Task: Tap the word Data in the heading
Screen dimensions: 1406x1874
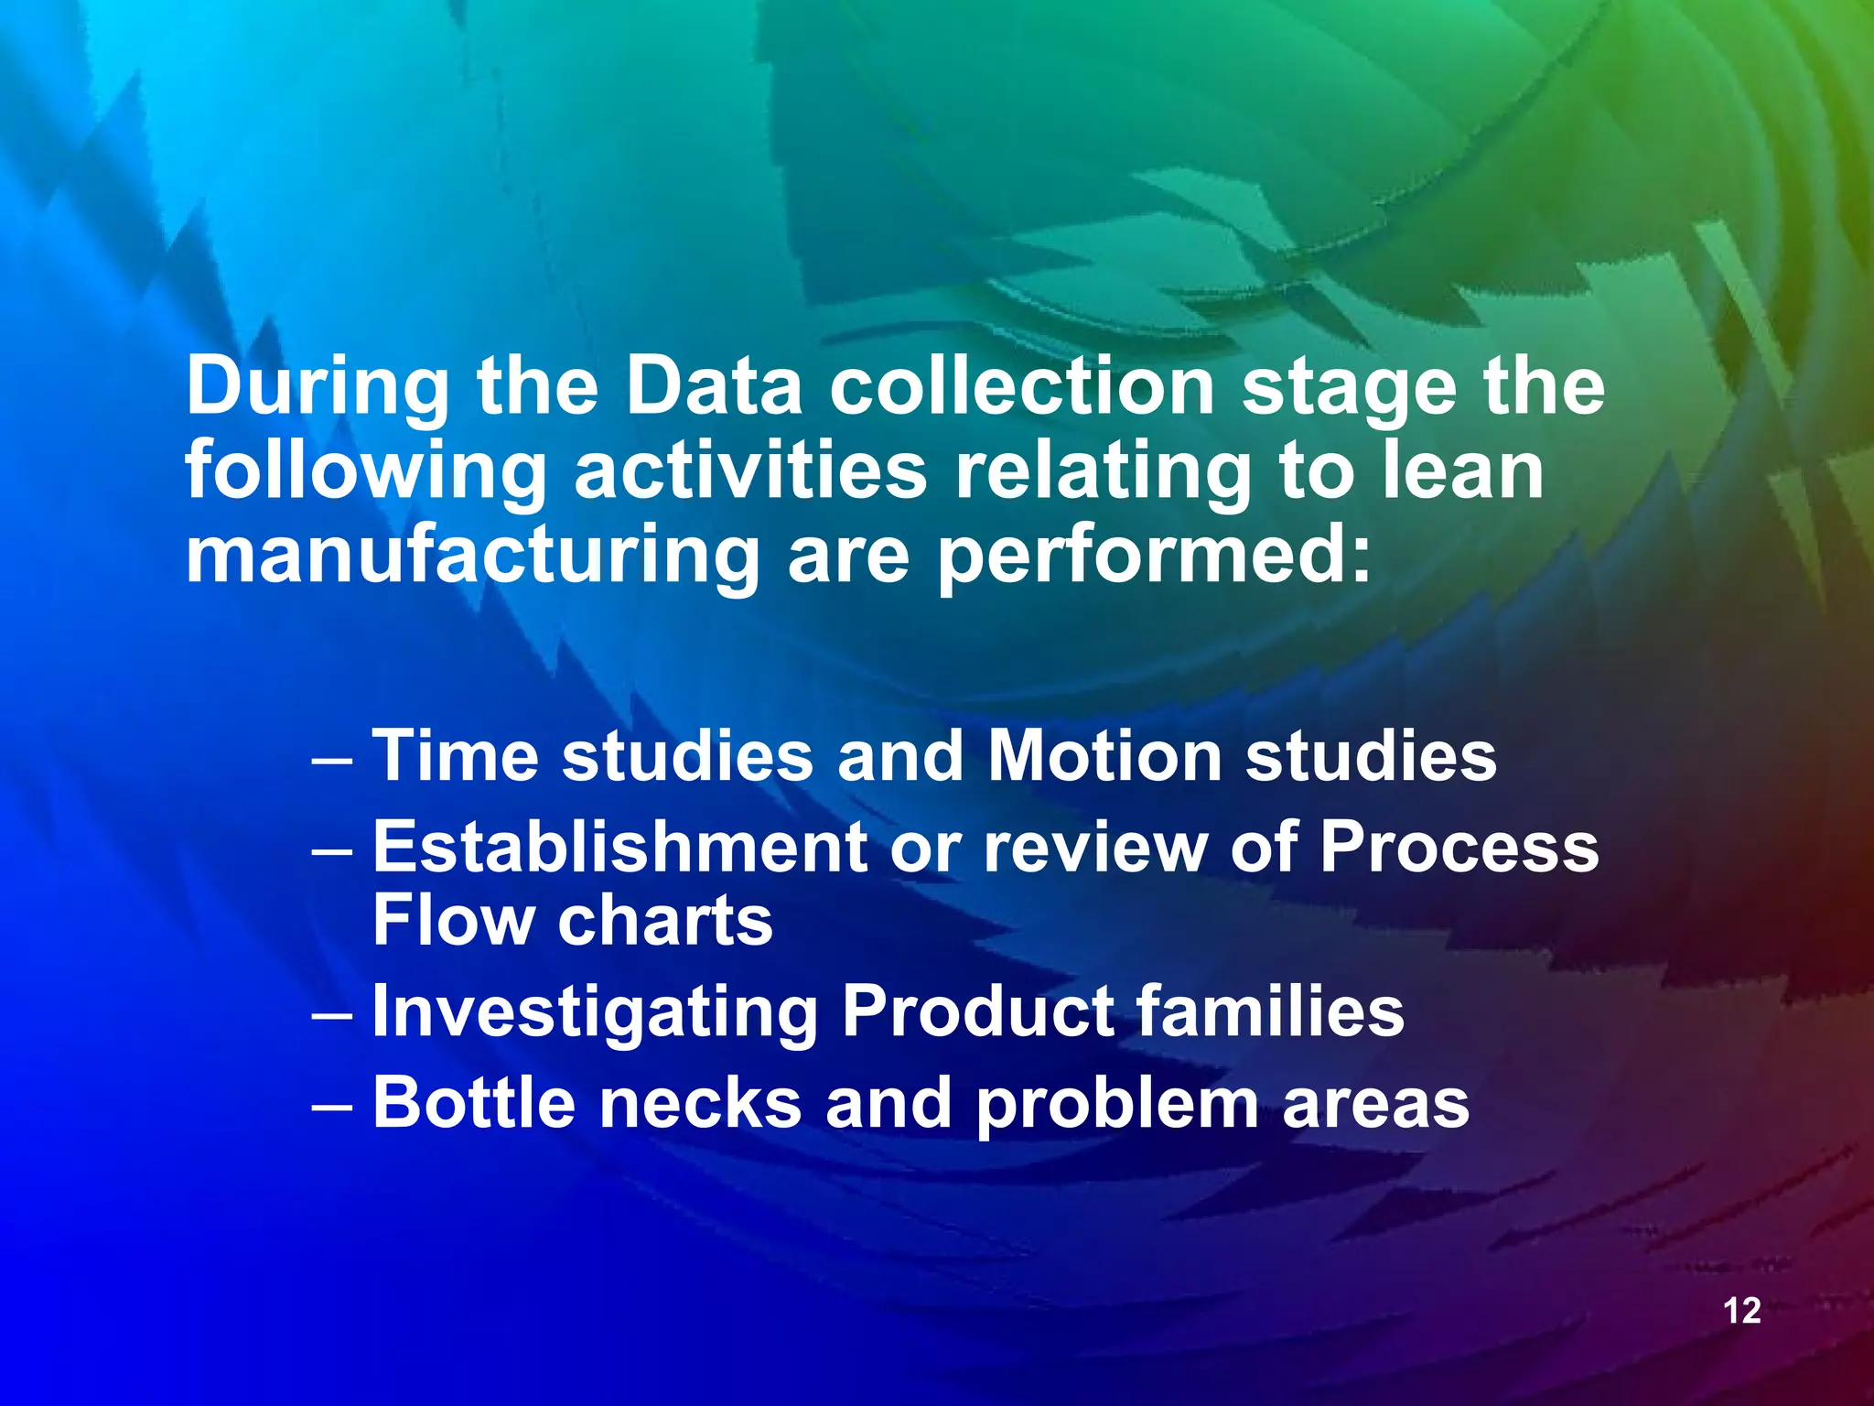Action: click(714, 386)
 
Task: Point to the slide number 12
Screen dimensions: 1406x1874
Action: click(1742, 1311)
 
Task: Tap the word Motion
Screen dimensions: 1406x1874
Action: click(1104, 756)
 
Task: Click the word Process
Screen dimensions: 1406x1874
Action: click(1459, 848)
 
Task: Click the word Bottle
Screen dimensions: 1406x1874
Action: click(474, 1103)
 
